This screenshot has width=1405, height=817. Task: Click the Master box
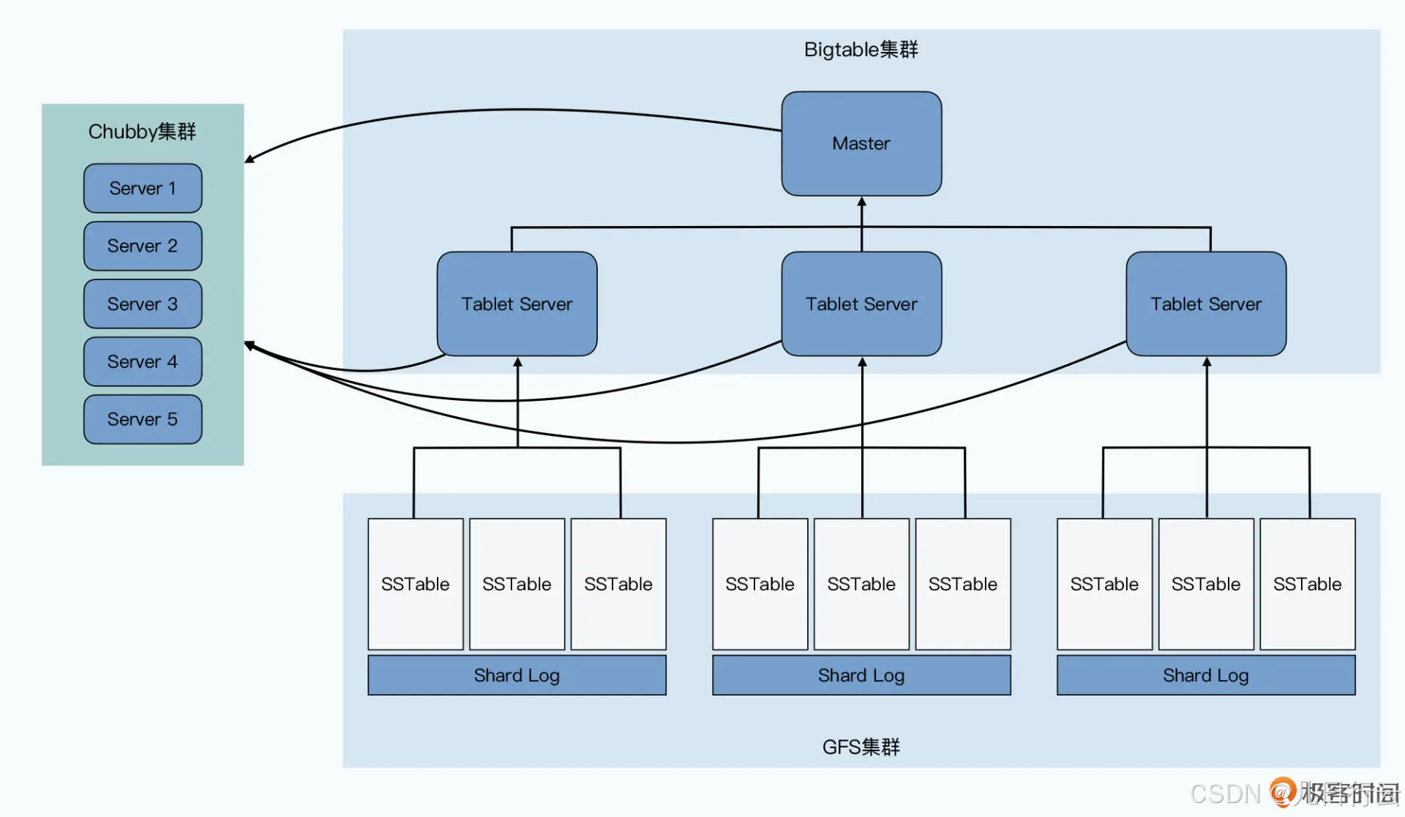click(x=861, y=143)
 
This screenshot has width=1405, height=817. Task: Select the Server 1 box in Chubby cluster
click(x=143, y=188)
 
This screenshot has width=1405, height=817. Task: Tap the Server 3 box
click(x=143, y=304)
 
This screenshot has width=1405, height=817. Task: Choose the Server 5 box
click(x=143, y=419)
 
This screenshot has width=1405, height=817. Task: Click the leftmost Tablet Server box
click(x=517, y=304)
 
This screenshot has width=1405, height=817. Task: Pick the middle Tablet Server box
click(x=861, y=304)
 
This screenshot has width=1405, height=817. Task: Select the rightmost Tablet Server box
click(x=1206, y=304)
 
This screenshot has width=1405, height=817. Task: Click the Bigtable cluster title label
click(x=861, y=50)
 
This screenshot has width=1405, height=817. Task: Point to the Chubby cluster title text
click(x=142, y=132)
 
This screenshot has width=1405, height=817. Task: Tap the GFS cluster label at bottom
click(x=861, y=747)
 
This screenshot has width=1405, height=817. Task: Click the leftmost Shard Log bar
click(x=517, y=675)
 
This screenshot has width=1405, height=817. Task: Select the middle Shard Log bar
click(x=861, y=675)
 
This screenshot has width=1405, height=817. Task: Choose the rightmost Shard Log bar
click(x=1206, y=675)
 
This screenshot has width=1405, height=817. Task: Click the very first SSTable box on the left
click(x=415, y=584)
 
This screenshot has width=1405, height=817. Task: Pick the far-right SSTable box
click(x=1307, y=584)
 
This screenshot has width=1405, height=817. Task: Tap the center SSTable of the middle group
click(x=861, y=584)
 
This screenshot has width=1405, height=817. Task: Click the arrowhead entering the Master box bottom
click(x=861, y=202)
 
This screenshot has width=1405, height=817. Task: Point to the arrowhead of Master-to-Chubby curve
click(x=250, y=159)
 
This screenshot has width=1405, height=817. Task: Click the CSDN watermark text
click(x=1225, y=794)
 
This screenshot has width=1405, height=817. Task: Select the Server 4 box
click(x=143, y=361)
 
